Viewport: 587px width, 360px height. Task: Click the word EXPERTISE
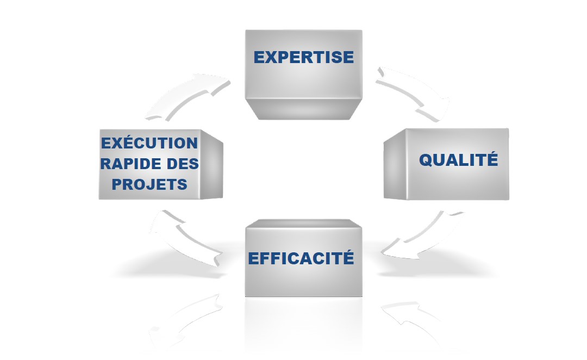(303, 57)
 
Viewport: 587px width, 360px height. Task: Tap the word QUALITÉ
(458, 160)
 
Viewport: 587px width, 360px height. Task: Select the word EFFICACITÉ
(301, 258)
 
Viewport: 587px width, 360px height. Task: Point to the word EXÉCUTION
(149, 144)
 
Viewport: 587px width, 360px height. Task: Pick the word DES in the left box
(180, 164)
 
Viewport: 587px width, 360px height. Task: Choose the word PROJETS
(149, 184)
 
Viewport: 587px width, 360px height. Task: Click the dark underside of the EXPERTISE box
(303, 108)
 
